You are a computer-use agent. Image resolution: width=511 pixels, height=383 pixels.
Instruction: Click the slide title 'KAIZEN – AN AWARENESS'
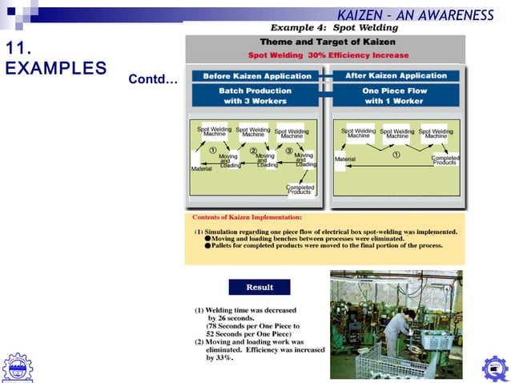(x=414, y=15)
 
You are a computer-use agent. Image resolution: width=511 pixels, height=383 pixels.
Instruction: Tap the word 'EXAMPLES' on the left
(x=55, y=68)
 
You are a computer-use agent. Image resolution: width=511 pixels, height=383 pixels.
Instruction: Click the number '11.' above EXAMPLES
(x=19, y=48)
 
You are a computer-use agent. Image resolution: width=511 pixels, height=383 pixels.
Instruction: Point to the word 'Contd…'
(x=152, y=81)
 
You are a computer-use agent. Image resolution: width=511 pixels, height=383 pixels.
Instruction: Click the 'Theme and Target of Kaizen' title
(x=328, y=42)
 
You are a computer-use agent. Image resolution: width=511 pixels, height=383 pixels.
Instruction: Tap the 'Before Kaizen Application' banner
(x=256, y=76)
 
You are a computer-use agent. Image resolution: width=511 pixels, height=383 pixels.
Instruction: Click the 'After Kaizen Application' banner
(x=396, y=75)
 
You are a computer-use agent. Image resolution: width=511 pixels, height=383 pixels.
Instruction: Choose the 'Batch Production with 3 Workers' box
(x=256, y=96)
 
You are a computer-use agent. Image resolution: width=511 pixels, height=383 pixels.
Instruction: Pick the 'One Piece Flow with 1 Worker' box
(x=396, y=96)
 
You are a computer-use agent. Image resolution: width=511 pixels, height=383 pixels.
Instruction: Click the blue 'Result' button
(x=259, y=287)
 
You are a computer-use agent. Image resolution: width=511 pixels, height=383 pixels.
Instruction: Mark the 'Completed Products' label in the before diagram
(x=300, y=189)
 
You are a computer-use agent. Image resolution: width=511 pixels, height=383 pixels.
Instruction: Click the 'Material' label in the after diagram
(x=344, y=159)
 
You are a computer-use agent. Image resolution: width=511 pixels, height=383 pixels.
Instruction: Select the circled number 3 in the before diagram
(x=288, y=151)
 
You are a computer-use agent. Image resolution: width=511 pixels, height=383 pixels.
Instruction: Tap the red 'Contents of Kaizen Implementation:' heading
(x=247, y=217)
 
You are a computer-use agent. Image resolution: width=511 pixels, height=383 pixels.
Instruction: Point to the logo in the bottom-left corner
(x=18, y=367)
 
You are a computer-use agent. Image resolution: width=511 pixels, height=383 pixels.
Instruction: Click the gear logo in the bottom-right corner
(x=493, y=369)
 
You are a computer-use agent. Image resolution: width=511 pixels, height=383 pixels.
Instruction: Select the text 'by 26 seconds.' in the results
(x=234, y=318)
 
